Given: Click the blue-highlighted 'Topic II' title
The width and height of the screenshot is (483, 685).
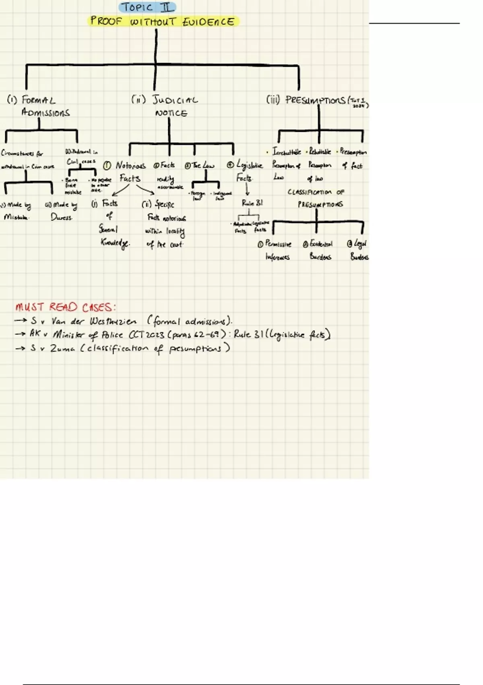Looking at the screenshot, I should point(147,7).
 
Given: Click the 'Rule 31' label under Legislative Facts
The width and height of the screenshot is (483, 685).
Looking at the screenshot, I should point(252,203).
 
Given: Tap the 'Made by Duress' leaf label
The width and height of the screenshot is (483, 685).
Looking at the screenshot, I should point(62,211).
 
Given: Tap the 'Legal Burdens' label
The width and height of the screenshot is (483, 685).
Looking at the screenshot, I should point(359,250).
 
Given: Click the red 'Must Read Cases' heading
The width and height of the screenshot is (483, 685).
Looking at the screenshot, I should point(65,307).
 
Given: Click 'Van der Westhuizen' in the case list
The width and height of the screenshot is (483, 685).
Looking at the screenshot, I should point(94,321).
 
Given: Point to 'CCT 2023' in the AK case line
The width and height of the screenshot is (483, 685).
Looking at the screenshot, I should point(146,334).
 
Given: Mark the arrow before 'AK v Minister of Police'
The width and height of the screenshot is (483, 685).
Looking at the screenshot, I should point(20,334).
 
